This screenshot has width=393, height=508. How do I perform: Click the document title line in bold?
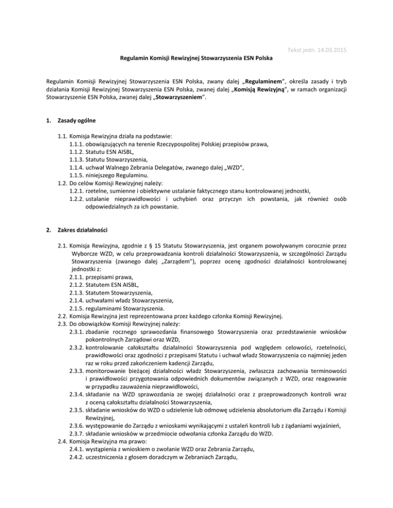(196, 60)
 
